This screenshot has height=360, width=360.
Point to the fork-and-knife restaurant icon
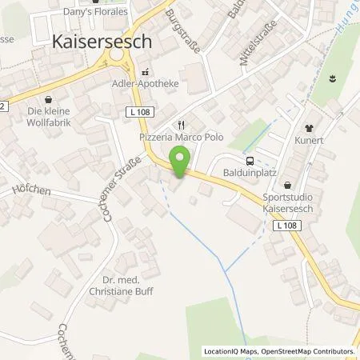point(181,124)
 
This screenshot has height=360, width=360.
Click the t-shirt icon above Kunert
point(309,128)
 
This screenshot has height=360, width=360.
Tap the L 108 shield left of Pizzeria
point(138,113)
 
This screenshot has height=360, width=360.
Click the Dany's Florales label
point(94,12)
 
